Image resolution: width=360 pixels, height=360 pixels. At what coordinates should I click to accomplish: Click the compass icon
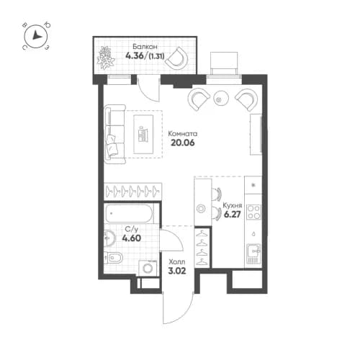(x=37, y=38)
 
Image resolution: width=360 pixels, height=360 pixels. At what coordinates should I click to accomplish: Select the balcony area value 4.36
(x=134, y=55)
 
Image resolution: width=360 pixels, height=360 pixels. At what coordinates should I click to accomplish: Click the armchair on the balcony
(x=178, y=58)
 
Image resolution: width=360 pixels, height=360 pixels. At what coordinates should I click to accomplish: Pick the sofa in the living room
(x=112, y=133)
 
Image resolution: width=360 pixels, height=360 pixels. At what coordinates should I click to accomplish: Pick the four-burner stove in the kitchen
(x=253, y=212)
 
